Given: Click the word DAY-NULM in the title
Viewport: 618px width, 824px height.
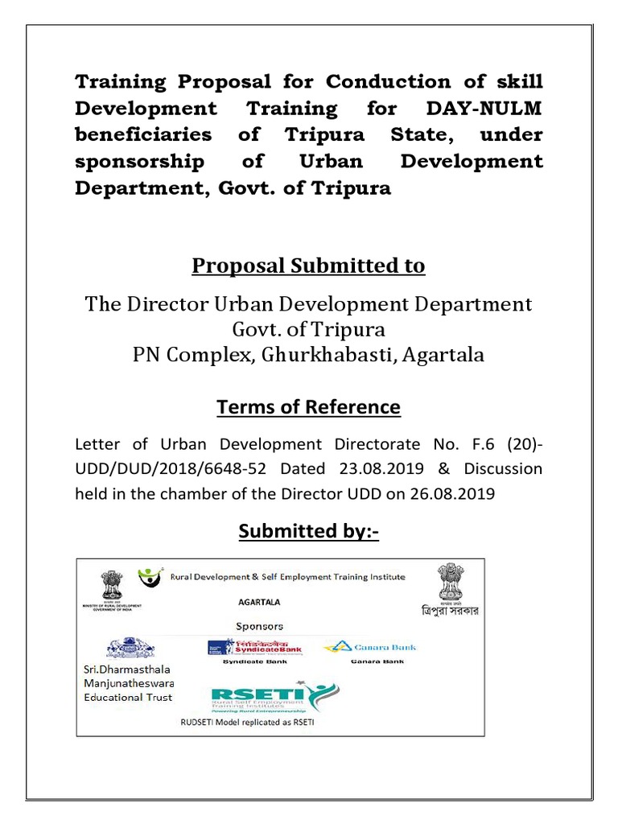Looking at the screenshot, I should [x=492, y=107].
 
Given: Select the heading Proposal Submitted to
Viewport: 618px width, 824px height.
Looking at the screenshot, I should [x=309, y=266].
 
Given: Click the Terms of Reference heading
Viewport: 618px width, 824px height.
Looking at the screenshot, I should [x=308, y=407].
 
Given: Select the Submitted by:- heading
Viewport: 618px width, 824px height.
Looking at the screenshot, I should [x=308, y=532].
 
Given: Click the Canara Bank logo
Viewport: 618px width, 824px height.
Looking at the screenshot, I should [x=369, y=647].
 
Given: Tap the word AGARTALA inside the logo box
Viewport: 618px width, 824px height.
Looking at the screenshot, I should [x=260, y=600].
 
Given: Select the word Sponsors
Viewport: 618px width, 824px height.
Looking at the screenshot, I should [x=259, y=625].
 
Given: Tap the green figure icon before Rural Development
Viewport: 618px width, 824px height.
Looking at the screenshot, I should [x=150, y=576].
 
